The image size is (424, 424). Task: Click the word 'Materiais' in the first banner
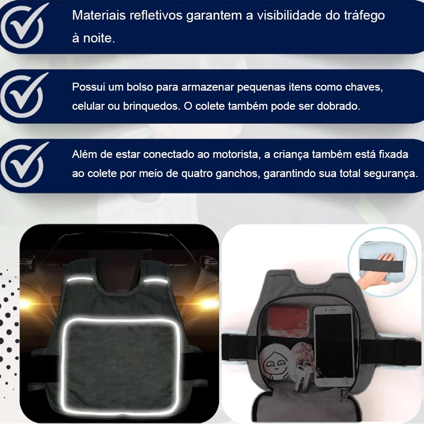99,15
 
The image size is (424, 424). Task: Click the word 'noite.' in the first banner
99,38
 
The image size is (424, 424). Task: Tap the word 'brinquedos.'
152,107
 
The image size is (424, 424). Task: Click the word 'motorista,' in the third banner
236,155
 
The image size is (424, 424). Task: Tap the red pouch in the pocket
288,321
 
